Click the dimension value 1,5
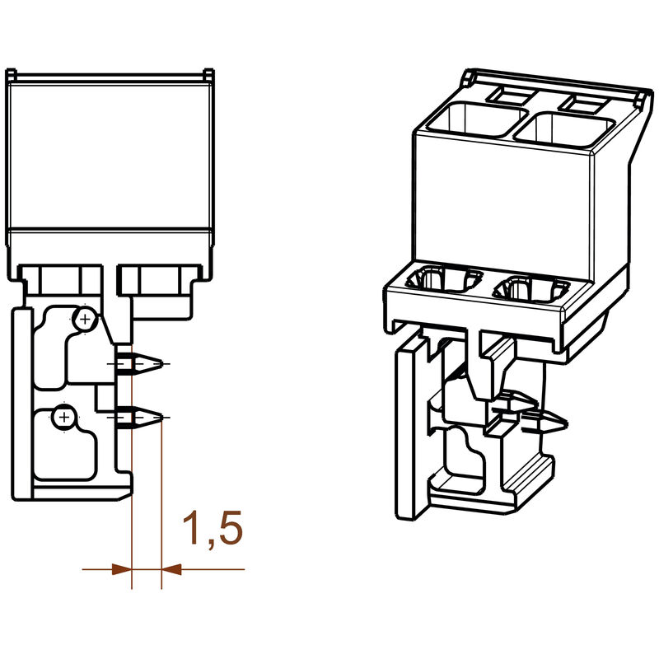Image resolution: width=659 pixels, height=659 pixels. pos(212,529)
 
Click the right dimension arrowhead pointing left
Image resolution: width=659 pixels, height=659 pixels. pos(171,568)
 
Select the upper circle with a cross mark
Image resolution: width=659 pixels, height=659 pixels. pos(84,318)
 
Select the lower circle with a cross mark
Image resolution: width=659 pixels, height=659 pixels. pos(63,418)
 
